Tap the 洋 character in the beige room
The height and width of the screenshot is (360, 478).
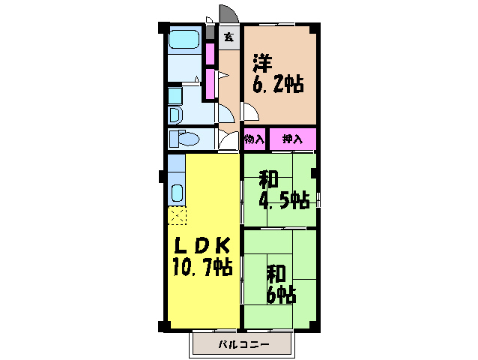[261, 61]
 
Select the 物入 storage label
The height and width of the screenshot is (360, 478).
[254, 139]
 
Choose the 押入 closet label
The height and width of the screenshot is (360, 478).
[291, 139]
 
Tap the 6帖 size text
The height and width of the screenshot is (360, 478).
[280, 294]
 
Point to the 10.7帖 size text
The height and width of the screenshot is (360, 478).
[202, 266]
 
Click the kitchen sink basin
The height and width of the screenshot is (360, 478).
[177, 192]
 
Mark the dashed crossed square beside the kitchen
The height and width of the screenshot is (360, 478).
[177, 217]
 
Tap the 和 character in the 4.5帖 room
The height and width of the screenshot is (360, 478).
[268, 180]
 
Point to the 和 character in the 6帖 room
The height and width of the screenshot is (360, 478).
[274, 271]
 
